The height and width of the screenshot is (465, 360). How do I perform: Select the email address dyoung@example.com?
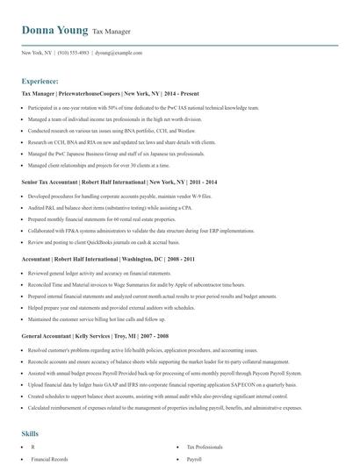[x=119, y=53]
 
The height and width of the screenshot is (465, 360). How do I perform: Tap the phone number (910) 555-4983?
[x=74, y=53]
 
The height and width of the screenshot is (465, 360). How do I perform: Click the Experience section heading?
[x=40, y=81]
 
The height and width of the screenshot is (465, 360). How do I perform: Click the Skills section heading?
[x=30, y=433]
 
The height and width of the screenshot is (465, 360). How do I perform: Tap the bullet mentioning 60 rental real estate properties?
[x=110, y=219]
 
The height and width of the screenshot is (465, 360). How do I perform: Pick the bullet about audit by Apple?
[x=136, y=285]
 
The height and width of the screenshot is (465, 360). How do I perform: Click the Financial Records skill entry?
[x=49, y=459]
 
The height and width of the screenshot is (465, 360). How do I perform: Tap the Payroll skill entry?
[x=195, y=459]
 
